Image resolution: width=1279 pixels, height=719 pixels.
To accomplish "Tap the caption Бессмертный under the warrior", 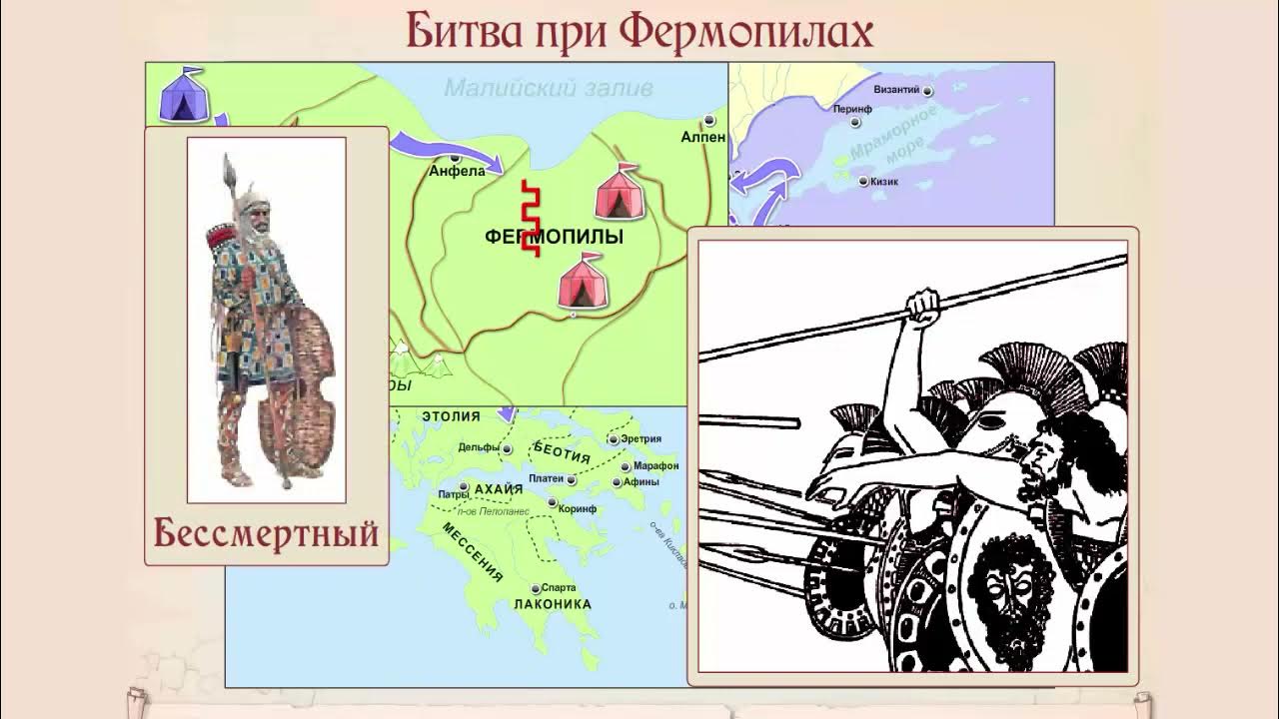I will tap(267, 533).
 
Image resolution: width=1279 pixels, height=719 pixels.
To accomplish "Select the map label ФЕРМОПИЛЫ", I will tap(554, 237).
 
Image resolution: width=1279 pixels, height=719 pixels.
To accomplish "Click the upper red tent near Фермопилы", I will tap(620, 192).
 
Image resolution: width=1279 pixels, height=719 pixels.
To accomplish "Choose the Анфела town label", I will tap(457, 171).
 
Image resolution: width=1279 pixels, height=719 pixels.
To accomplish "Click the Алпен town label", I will tap(703, 137).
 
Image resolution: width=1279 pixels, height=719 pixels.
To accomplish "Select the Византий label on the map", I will tap(896, 90).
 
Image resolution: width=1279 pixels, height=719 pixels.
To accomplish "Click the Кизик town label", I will tap(885, 182).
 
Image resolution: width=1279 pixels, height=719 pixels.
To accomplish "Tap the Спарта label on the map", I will tap(558, 588).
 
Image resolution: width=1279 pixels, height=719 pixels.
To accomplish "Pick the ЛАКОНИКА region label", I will tap(552, 604).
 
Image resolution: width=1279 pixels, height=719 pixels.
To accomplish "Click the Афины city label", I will tap(641, 481).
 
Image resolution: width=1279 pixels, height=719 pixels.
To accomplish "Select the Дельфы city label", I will tap(479, 447).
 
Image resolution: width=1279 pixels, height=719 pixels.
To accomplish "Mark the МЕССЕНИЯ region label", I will tap(473, 552).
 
